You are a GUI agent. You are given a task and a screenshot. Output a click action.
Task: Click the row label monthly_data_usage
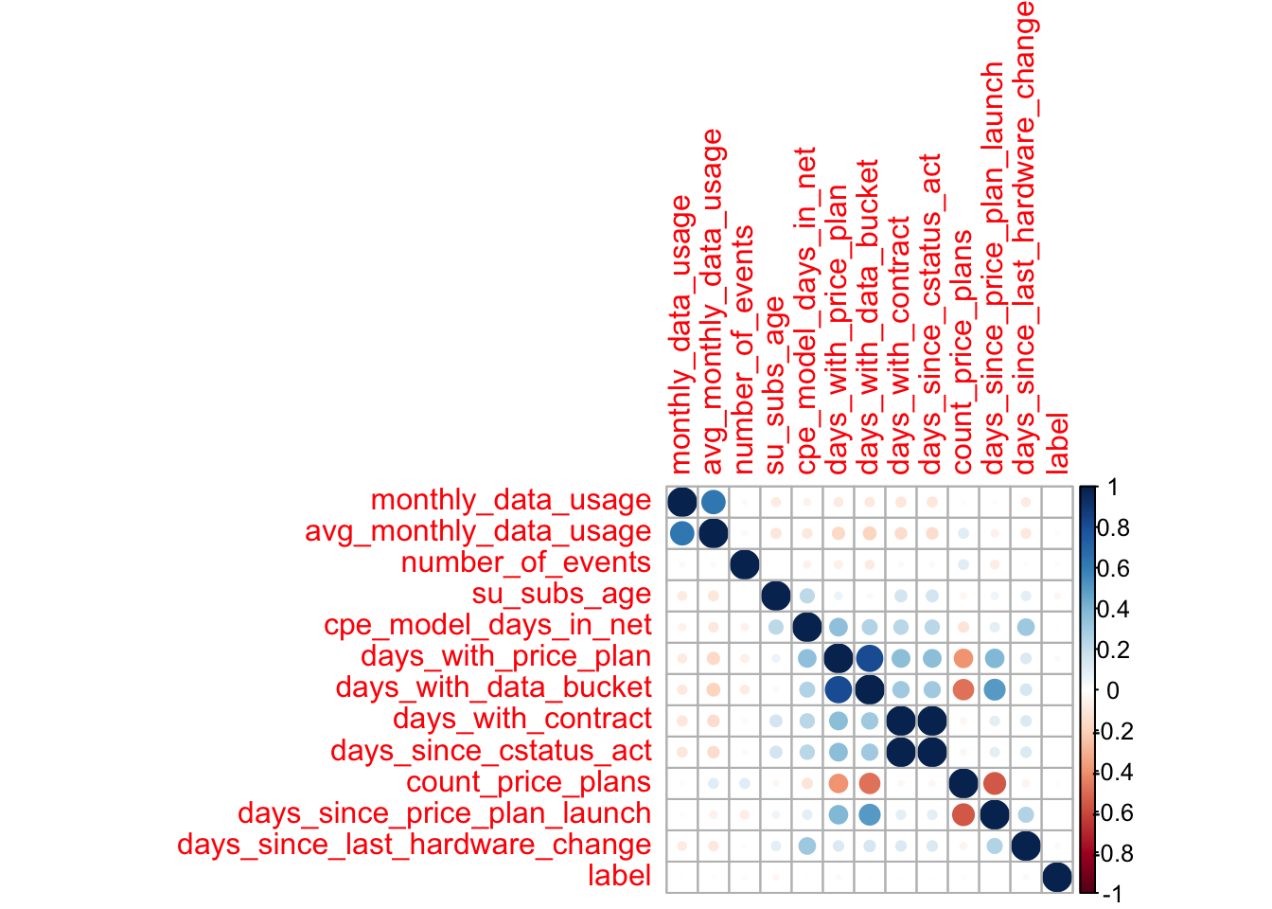pyautogui.click(x=511, y=500)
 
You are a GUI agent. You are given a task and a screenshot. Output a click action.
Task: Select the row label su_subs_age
pyautogui.click(x=561, y=594)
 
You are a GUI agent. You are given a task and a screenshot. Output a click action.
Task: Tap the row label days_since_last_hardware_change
pyautogui.click(x=415, y=845)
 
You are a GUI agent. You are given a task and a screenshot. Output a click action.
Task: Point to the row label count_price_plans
pyautogui.click(x=528, y=782)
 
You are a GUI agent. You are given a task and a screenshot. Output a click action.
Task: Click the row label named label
pyautogui.click(x=619, y=876)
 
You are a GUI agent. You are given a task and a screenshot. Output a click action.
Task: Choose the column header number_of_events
pyautogui.click(x=744, y=350)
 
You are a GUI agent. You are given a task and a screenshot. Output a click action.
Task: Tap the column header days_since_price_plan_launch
pyautogui.click(x=994, y=269)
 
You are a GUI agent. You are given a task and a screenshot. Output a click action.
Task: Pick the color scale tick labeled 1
pyautogui.click(x=1112, y=488)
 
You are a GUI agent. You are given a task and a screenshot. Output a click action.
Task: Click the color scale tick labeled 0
pyautogui.click(x=1112, y=690)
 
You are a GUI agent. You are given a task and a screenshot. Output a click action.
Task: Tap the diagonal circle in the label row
pyautogui.click(x=1057, y=877)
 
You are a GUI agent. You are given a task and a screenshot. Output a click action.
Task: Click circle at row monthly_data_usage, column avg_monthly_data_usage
pyautogui.click(x=714, y=501)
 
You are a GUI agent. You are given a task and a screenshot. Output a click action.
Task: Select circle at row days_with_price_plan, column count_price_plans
pyautogui.click(x=963, y=657)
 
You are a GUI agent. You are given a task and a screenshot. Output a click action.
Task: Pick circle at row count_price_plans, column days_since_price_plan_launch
pyautogui.click(x=994, y=783)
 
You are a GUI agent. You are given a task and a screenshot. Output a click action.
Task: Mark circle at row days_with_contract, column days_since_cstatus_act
pyautogui.click(x=932, y=721)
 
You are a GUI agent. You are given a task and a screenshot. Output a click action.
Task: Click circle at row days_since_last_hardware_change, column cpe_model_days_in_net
pyautogui.click(x=807, y=846)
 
